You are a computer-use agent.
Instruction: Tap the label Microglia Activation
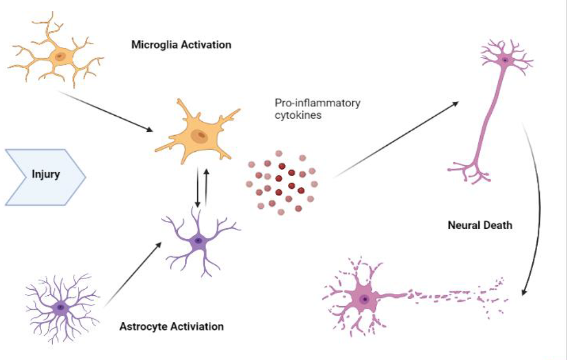pyautogui.click(x=181, y=45)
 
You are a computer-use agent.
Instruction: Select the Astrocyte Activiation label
pyautogui.click(x=172, y=326)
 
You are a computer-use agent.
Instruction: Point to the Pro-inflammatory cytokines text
pyautogui.click(x=317, y=109)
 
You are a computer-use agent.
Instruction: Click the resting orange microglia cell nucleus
pyautogui.click(x=60, y=55)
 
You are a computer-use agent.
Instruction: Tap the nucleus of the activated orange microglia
pyautogui.click(x=200, y=136)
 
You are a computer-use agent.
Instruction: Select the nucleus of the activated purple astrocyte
pyautogui.click(x=198, y=240)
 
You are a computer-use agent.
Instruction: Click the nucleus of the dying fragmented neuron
pyautogui.click(x=364, y=299)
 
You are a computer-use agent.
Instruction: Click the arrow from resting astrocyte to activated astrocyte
pyautogui.click(x=133, y=273)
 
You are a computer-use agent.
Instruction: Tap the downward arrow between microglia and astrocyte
pyautogui.click(x=197, y=188)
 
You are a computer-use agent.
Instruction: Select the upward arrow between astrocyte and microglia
pyautogui.click(x=207, y=187)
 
